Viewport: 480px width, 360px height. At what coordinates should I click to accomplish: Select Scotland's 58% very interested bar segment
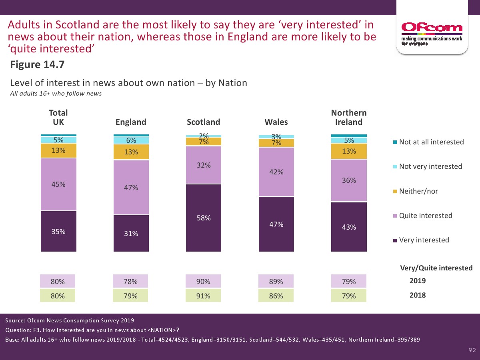[x=204, y=218]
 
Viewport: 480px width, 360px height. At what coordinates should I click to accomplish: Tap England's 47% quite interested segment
[x=131, y=187]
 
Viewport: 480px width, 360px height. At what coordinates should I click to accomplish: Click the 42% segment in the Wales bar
[x=276, y=172]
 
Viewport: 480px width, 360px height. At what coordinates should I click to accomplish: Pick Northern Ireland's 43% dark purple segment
[x=349, y=227]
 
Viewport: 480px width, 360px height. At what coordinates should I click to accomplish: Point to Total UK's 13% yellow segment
[x=58, y=150]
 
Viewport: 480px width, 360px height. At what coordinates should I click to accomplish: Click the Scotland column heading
[x=204, y=122]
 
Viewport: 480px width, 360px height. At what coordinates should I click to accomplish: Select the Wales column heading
[x=276, y=122]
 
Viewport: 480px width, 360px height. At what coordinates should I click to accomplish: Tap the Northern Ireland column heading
[x=349, y=117]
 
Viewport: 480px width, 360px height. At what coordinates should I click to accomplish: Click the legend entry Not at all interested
[x=431, y=142]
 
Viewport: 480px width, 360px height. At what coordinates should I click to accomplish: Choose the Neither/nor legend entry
[x=418, y=191]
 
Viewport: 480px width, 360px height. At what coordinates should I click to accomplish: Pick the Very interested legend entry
[x=424, y=240]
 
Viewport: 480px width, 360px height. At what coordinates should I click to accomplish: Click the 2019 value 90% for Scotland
[x=204, y=281]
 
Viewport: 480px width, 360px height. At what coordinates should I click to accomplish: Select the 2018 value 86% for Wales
[x=276, y=296]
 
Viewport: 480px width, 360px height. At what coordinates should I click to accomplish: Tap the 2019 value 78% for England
[x=131, y=281]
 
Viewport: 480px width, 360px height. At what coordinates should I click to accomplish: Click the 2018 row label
[x=418, y=295]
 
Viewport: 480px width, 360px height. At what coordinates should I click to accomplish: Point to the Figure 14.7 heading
[x=37, y=65]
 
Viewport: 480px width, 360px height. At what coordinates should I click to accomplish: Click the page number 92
[x=472, y=350]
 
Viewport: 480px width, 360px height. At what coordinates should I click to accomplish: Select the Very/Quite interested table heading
[x=436, y=268]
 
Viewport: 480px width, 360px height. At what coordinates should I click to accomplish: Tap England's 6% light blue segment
[x=131, y=140]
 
